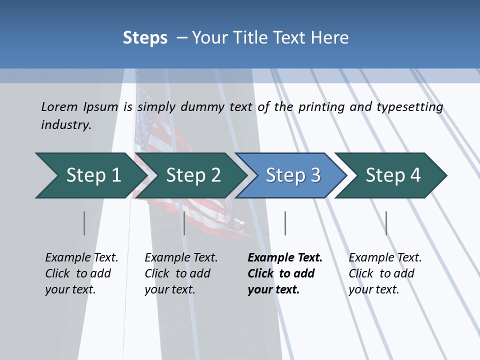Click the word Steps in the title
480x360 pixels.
click(x=145, y=37)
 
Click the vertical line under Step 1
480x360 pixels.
click(x=84, y=223)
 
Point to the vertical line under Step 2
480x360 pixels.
click(x=184, y=223)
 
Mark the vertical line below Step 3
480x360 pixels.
click(x=285, y=223)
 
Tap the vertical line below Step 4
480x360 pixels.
click(x=386, y=223)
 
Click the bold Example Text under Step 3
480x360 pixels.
click(x=285, y=273)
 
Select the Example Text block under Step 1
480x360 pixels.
click(x=81, y=273)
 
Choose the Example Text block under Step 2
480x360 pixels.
click(x=181, y=273)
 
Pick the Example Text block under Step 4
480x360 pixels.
click(x=385, y=273)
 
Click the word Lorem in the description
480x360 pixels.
click(x=59, y=106)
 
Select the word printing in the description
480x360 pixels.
click(x=321, y=107)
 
